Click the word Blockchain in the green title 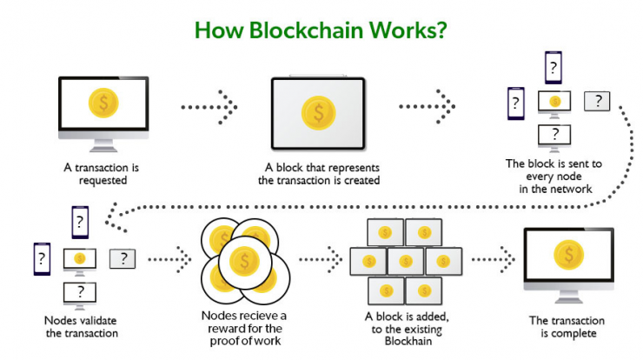[x=306, y=30]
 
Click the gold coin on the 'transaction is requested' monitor [x=103, y=103]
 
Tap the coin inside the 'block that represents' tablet [x=319, y=113]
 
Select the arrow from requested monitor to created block [x=209, y=107]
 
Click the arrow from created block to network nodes [x=427, y=107]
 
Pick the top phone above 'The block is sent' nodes [x=554, y=68]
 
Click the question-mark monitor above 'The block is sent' [x=554, y=138]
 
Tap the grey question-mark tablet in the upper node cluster [x=597, y=101]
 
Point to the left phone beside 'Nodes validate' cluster [x=42, y=259]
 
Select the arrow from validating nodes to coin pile [x=169, y=259]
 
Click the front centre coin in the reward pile [x=245, y=261]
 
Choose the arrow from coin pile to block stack [x=321, y=259]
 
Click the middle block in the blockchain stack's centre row [x=406, y=261]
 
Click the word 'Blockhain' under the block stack [x=408, y=341]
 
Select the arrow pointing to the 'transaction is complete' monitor [x=494, y=259]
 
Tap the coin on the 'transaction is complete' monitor [x=569, y=255]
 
